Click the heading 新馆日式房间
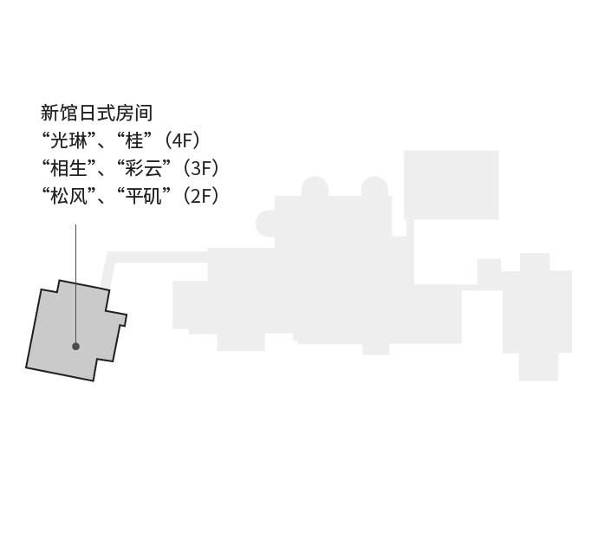96,113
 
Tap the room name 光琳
68,140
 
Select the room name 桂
134,140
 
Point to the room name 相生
68,168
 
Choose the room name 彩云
143,168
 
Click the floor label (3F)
200,168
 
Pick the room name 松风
68,196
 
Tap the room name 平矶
143,196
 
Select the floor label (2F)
200,196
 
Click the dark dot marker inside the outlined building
76,346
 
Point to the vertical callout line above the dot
76,283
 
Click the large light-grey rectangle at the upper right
452,185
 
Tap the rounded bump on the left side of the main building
264,224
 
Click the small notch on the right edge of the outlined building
123,320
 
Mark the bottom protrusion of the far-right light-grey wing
538,367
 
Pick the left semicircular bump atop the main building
315,187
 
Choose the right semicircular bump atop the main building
374,187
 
